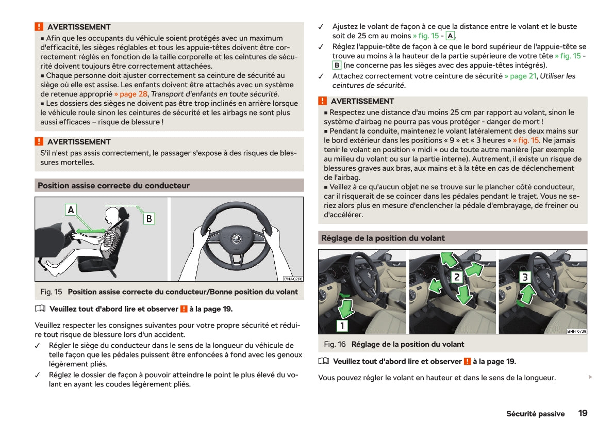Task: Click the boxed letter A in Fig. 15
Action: click(71, 209)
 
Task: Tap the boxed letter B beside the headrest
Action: click(148, 218)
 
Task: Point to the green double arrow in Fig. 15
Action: click(91, 227)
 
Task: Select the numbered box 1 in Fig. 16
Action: click(342, 326)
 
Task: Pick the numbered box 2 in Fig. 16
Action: click(456, 277)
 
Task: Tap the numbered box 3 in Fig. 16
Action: click(525, 277)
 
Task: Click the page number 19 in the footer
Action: click(583, 413)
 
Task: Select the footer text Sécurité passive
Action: click(535, 414)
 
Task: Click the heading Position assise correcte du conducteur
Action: click(114, 186)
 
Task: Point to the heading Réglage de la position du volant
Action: click(383, 238)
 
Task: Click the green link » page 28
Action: click(131, 94)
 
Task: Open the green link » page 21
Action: click(520, 76)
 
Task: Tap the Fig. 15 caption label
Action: click(51, 292)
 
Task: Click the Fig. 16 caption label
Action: click(335, 344)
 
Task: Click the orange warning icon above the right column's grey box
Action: click(323, 101)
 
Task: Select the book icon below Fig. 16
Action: click(323, 361)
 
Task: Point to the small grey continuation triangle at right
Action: click(590, 377)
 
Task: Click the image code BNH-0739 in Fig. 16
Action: click(576, 331)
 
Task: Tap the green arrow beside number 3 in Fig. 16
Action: click(526, 297)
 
